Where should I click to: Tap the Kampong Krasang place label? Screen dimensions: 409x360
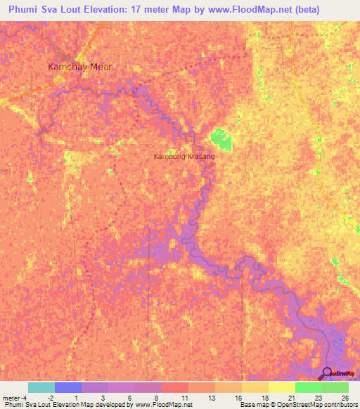tap(184, 157)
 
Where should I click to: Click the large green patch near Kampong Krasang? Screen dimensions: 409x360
tap(221, 139)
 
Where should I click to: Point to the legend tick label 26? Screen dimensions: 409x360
tap(345, 398)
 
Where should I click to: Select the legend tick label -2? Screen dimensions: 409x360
tap(50, 398)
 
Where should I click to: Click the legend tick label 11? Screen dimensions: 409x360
tap(184, 398)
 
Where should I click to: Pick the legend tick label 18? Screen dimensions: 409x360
tap(264, 398)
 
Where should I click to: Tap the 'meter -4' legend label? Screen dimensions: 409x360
tap(13, 398)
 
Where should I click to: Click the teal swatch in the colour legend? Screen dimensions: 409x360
tap(41, 387)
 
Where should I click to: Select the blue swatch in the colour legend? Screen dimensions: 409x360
tap(68, 387)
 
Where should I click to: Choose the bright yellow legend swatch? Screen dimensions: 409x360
tap(281, 387)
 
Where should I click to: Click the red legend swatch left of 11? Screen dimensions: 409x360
tap(174, 387)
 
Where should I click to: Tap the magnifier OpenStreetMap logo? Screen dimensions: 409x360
tap(327, 374)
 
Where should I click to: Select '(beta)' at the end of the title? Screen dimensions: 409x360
tap(304, 10)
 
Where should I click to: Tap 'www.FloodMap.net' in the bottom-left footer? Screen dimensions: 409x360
tap(153, 405)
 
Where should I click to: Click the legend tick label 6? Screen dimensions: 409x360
tap(130, 398)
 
